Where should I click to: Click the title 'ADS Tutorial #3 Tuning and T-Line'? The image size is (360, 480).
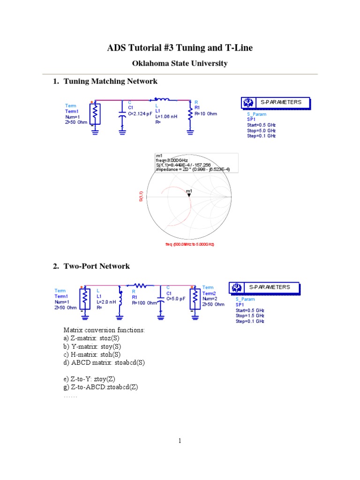(x=180, y=48)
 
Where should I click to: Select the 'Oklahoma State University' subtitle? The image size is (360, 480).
(x=180, y=63)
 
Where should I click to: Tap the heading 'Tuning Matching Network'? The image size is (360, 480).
(x=110, y=82)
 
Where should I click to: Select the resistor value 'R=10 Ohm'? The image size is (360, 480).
(x=206, y=113)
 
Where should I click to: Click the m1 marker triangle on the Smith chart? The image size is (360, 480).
(x=189, y=195)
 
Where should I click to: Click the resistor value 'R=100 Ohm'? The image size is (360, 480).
(x=144, y=302)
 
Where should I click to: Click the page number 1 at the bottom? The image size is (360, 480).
(x=180, y=441)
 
